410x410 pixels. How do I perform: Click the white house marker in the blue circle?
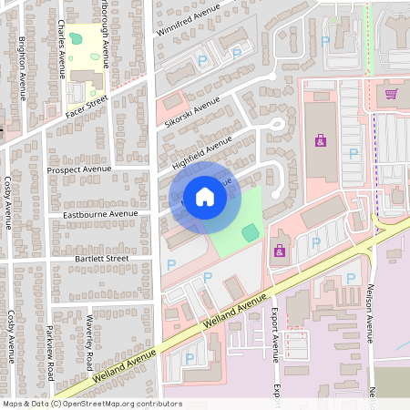205,197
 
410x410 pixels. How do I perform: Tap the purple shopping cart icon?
392,93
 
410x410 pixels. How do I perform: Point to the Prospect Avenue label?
83,169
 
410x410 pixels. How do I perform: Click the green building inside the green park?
249,232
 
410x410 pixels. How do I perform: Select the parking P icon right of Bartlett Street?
171,264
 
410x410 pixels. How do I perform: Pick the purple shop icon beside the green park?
280,250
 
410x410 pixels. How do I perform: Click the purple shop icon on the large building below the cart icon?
320,140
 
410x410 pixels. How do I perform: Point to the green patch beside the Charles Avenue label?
75,39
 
